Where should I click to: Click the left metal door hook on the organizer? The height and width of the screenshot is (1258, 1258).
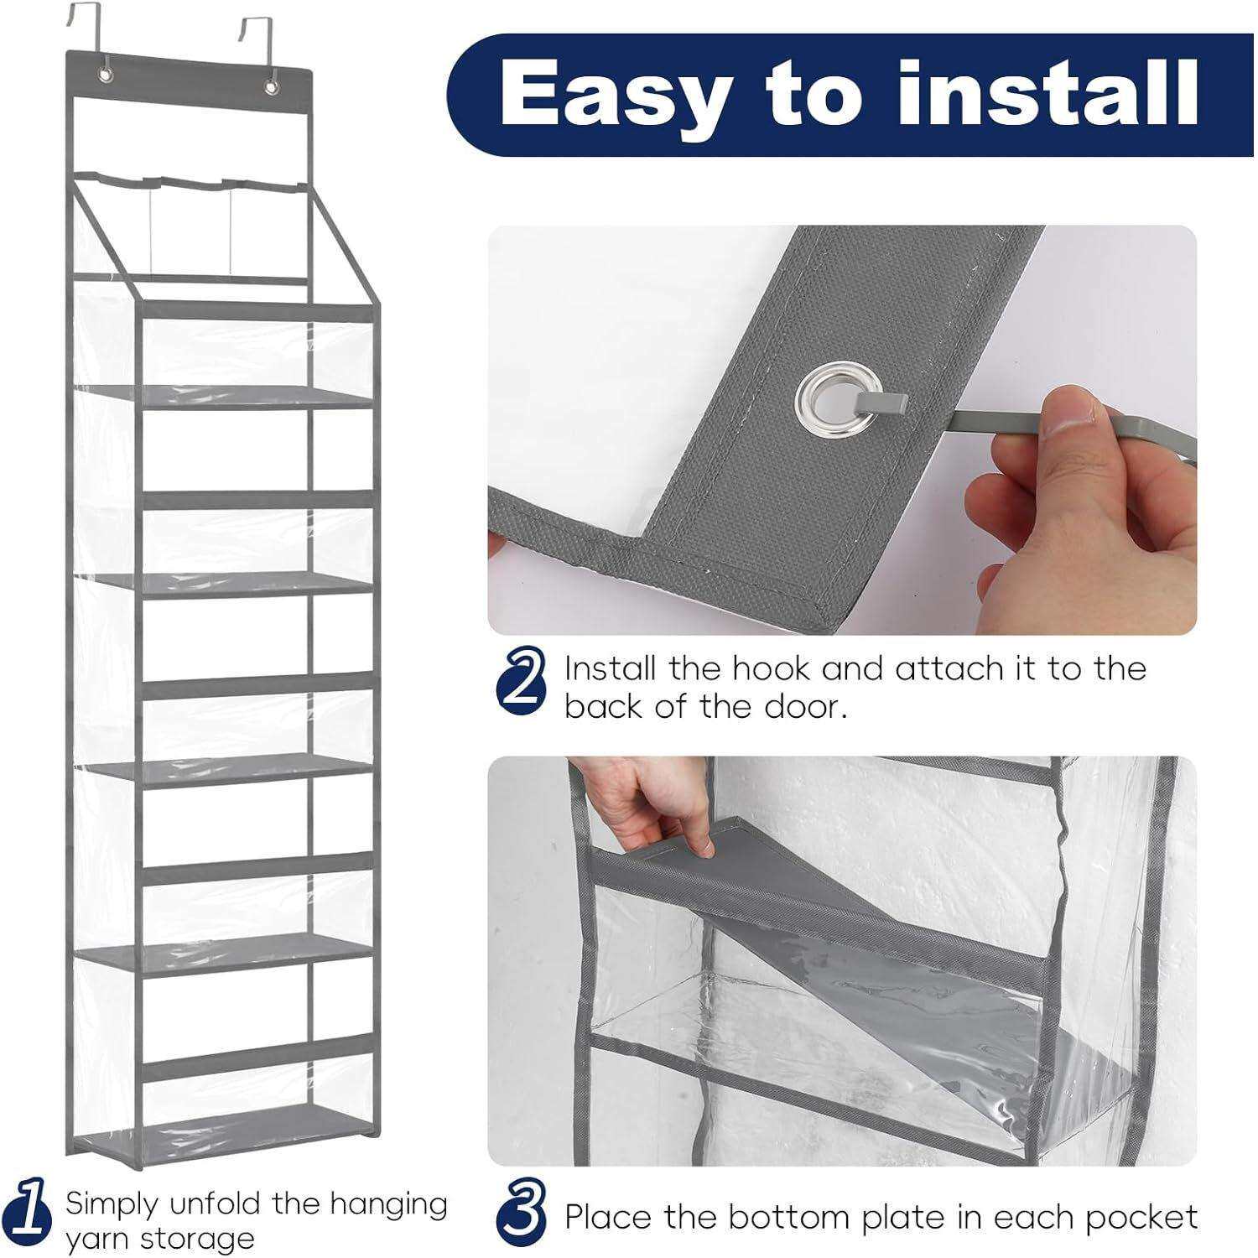pos(81,33)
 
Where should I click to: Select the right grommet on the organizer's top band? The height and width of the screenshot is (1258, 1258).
pos(271,86)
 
